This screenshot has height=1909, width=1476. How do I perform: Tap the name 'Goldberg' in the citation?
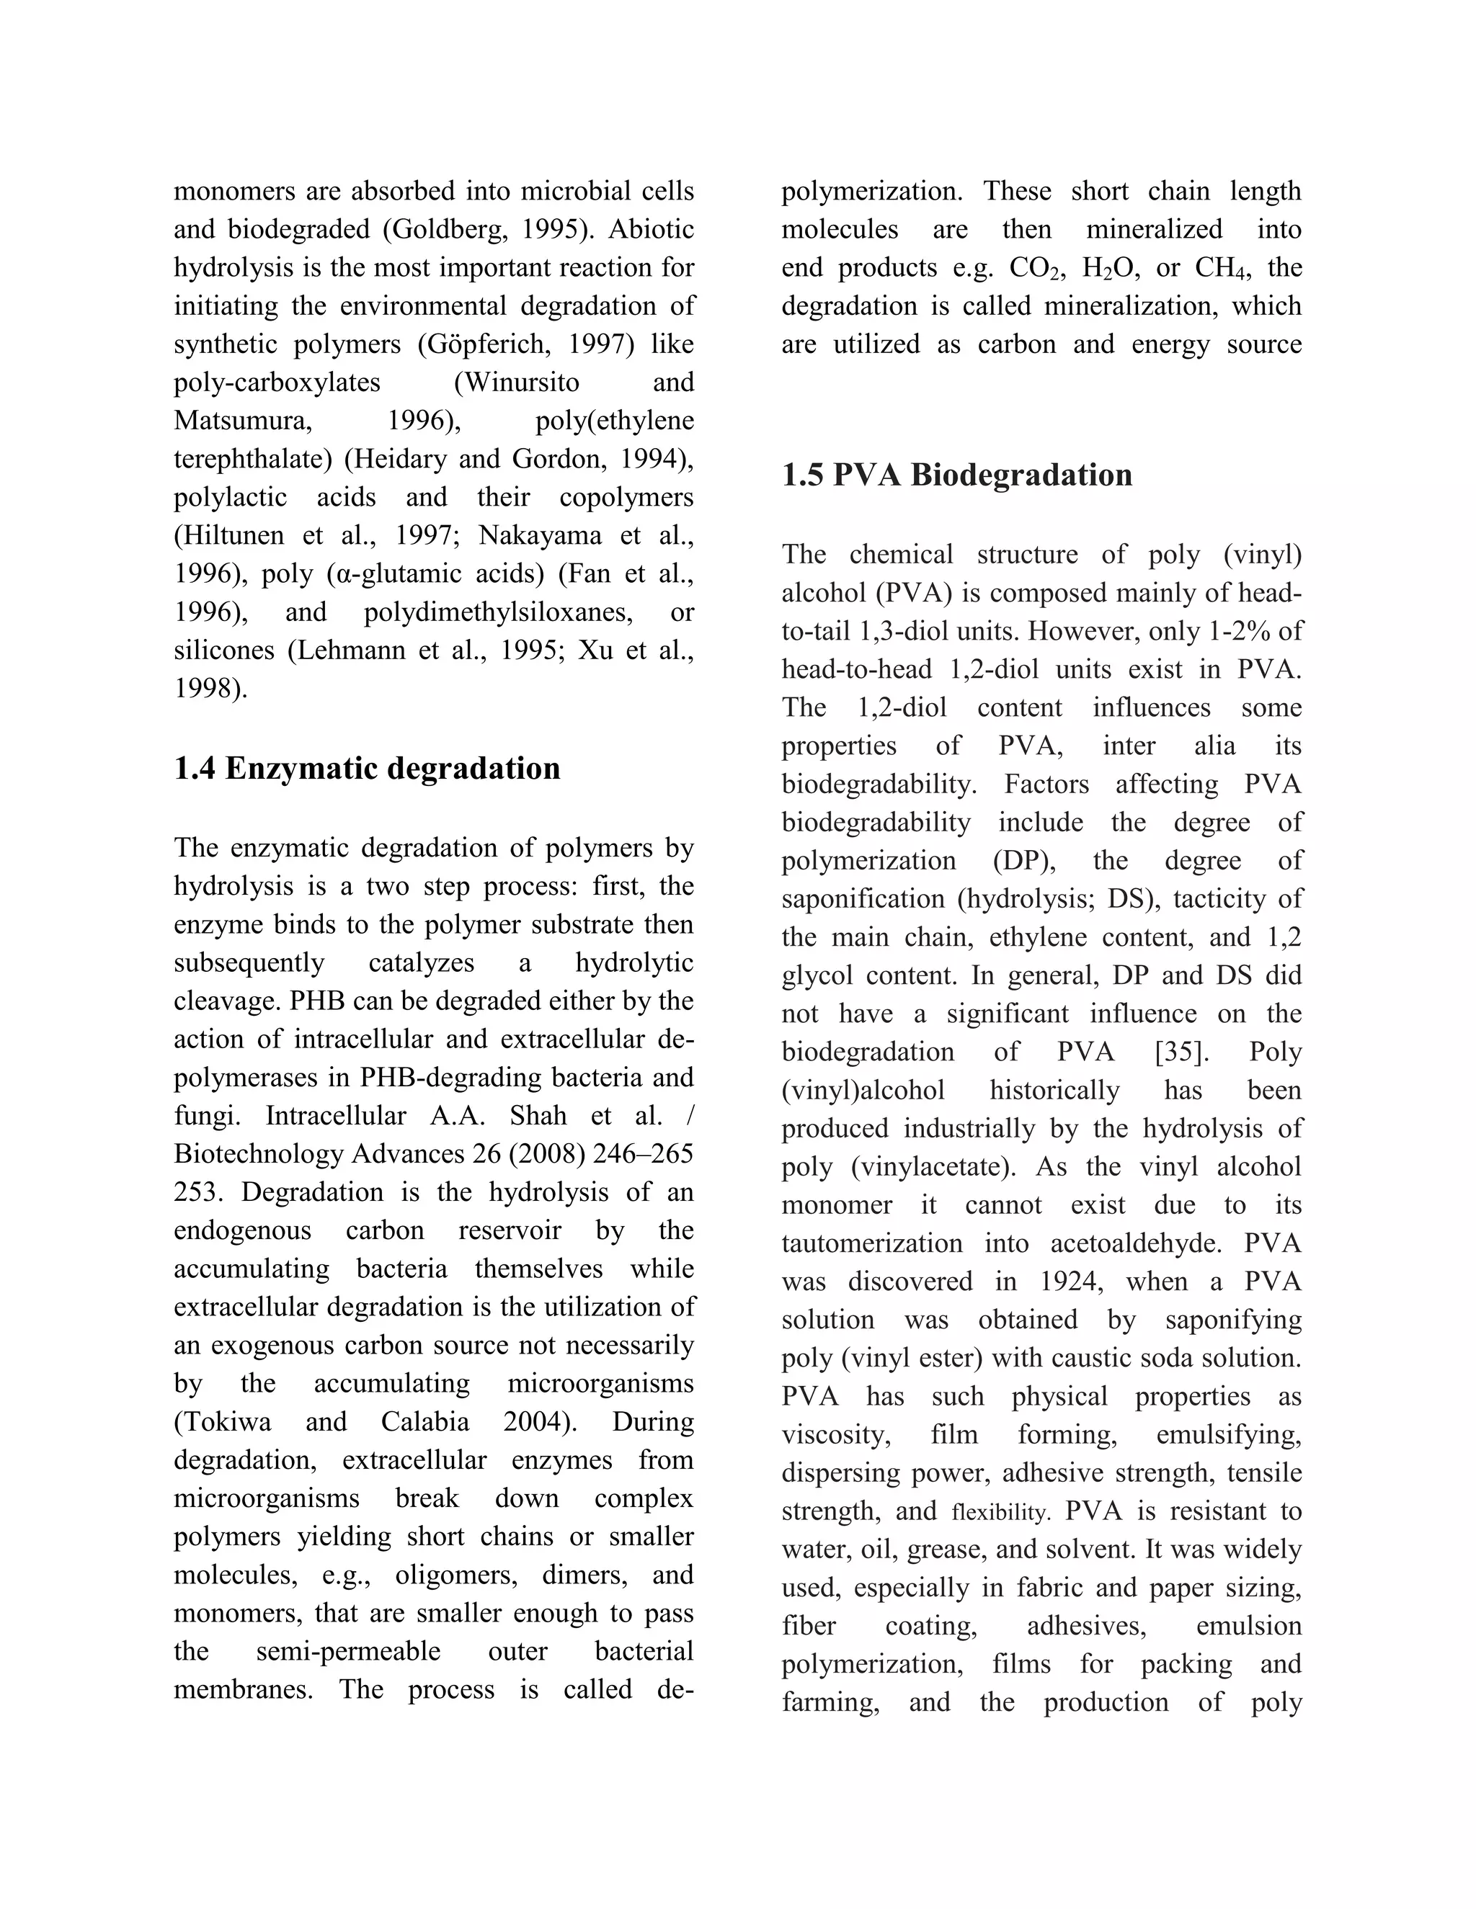point(447,229)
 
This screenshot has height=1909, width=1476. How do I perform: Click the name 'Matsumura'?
point(242,421)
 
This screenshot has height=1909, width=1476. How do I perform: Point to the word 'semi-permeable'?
point(348,1651)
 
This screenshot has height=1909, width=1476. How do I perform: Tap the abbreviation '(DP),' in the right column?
point(1024,860)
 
